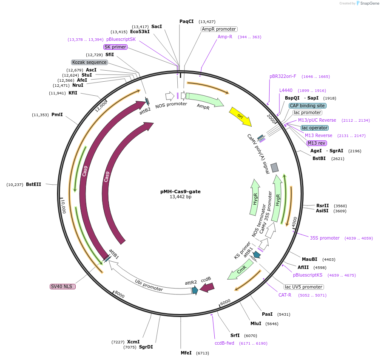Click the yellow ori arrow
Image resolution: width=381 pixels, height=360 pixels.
(240, 116)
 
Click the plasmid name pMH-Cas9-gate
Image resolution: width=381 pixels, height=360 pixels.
(180, 191)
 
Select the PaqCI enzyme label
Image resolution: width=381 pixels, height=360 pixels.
(186, 21)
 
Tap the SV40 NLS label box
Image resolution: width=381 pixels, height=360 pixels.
(63, 287)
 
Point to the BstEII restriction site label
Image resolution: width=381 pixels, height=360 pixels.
(34, 185)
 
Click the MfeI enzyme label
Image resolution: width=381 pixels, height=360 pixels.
(186, 353)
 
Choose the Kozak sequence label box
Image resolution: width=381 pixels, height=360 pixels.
(89, 62)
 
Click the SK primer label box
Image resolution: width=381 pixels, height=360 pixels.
(115, 47)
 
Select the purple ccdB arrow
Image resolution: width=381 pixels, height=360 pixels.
(207, 288)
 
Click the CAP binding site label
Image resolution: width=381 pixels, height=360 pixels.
(307, 106)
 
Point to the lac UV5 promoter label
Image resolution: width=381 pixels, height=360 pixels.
(304, 287)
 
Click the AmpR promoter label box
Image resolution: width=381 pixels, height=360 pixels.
(219, 29)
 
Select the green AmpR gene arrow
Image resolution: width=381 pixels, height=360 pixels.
(205, 100)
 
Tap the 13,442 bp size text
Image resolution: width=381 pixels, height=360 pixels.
(180, 197)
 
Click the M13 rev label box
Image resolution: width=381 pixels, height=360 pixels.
(316, 143)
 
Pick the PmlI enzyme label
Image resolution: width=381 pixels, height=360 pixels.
(57, 115)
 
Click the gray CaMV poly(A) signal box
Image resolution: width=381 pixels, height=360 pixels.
(275, 168)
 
